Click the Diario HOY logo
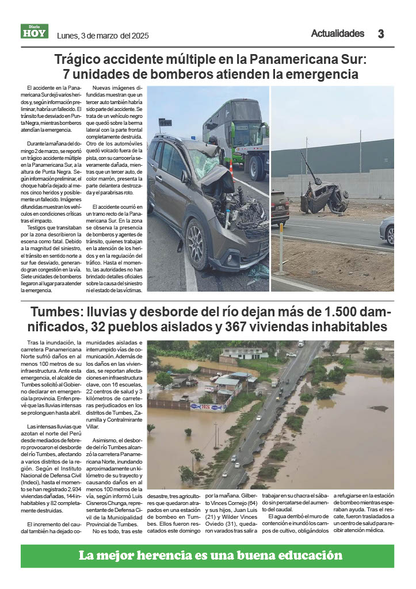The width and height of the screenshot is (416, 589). (35, 31)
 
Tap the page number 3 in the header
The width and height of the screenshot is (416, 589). (381, 34)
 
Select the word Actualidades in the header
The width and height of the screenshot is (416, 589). (338, 33)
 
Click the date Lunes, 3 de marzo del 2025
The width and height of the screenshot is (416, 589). (103, 36)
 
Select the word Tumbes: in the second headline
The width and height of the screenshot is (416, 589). (54, 312)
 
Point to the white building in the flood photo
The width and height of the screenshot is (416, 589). (245, 352)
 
